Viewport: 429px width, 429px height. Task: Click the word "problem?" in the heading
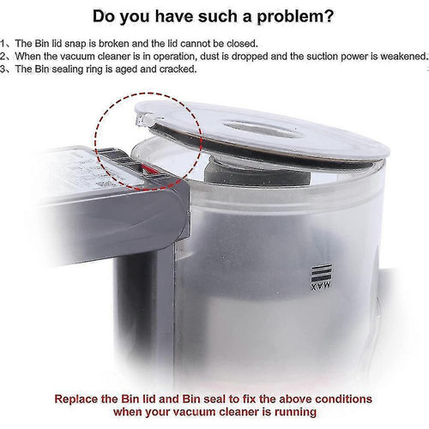coord(295,17)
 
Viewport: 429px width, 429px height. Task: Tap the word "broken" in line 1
coord(113,44)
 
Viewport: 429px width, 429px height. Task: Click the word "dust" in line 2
coord(210,57)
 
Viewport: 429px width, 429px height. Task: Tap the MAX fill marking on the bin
coord(321,277)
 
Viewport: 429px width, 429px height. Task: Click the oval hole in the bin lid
coord(261,130)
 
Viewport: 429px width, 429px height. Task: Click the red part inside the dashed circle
coord(149,170)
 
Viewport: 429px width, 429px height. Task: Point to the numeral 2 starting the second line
coord(3,57)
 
